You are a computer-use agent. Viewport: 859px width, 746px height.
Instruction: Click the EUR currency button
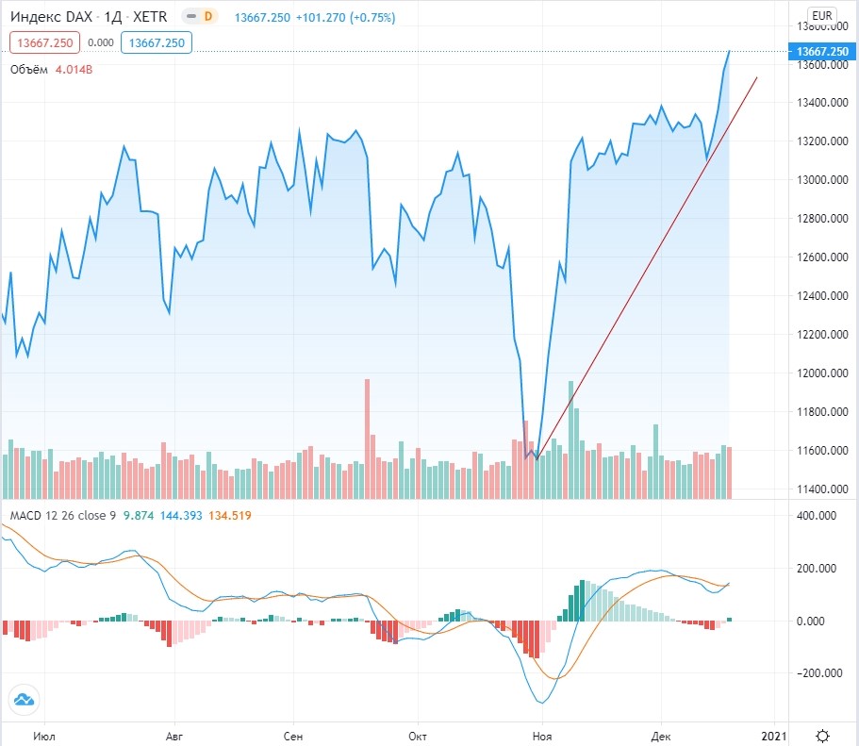821,14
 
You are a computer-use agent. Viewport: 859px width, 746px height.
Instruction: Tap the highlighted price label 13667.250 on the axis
822,51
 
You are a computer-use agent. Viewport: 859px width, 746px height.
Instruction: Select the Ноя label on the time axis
540,735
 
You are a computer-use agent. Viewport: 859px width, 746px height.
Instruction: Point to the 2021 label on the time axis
773,735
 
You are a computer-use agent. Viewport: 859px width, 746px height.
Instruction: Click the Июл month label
43,735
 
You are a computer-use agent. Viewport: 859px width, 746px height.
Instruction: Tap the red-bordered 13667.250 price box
44,41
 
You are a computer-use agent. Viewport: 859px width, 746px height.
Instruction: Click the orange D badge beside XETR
208,17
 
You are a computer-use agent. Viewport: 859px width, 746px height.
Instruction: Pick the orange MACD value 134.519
229,515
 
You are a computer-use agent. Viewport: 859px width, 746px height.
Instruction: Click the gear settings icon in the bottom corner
822,735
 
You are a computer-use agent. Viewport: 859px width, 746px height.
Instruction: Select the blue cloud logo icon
24,699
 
